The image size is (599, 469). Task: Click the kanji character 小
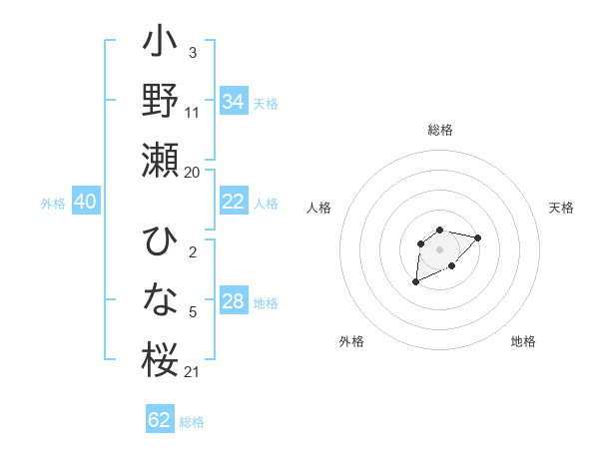[160, 44]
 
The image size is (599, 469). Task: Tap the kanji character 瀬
[160, 160]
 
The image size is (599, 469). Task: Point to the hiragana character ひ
[160, 243]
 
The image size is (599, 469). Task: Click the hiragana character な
[160, 299]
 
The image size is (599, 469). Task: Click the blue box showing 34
[233, 102]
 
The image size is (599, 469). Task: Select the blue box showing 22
[233, 202]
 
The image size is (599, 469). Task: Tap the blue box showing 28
[233, 301]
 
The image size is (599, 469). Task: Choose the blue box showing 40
[85, 202]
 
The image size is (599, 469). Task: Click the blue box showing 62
[160, 420]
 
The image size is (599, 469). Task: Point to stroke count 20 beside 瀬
[192, 172]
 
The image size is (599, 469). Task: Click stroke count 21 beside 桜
[192, 372]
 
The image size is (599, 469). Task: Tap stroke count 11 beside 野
[193, 112]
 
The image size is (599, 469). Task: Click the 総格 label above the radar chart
[440, 130]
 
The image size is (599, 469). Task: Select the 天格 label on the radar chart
[562, 208]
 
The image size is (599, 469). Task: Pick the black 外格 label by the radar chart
[351, 341]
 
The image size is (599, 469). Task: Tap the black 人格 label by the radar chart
[319, 208]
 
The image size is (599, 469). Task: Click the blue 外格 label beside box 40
[53, 203]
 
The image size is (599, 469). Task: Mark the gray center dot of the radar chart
[439, 248]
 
